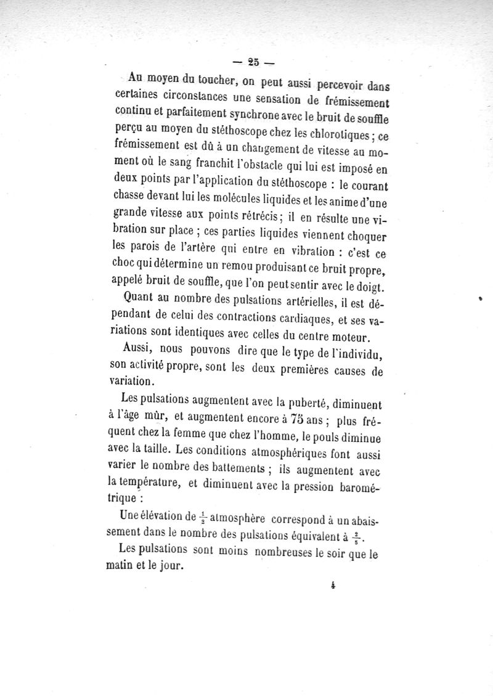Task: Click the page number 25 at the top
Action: [253, 61]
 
